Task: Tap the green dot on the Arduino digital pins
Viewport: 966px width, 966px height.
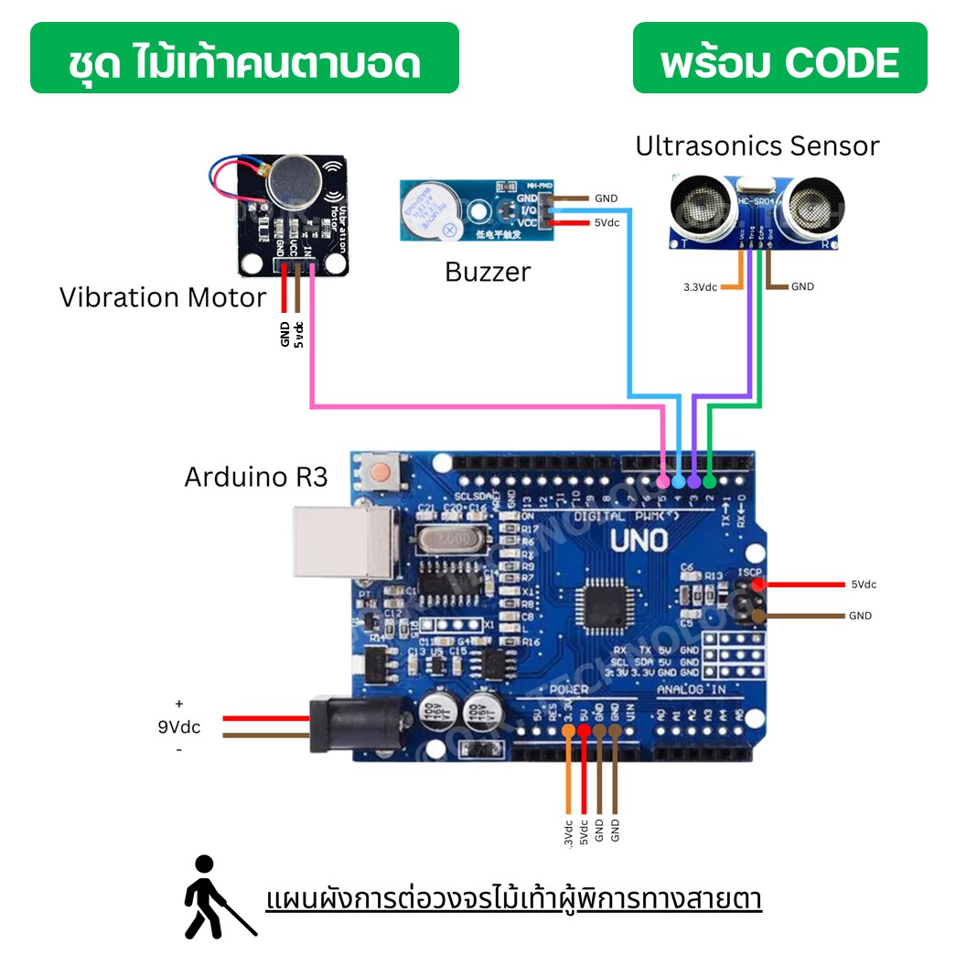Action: (x=710, y=480)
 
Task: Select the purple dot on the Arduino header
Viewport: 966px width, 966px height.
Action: (x=694, y=480)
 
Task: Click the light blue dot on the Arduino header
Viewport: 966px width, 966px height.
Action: (x=679, y=480)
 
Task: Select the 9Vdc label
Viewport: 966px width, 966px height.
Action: (x=178, y=727)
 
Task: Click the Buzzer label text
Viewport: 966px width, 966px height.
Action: (x=487, y=272)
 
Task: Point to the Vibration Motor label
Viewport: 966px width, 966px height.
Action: (x=163, y=297)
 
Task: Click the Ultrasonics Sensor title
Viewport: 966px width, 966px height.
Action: (x=757, y=145)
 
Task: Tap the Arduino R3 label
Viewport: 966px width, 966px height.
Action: (x=255, y=477)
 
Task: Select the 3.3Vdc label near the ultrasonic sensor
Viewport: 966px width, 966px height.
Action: (x=701, y=287)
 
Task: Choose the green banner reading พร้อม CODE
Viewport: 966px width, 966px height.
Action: (x=779, y=59)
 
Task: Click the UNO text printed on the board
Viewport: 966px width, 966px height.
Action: (x=639, y=541)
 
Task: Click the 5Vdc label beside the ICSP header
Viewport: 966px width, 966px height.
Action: (x=864, y=585)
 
